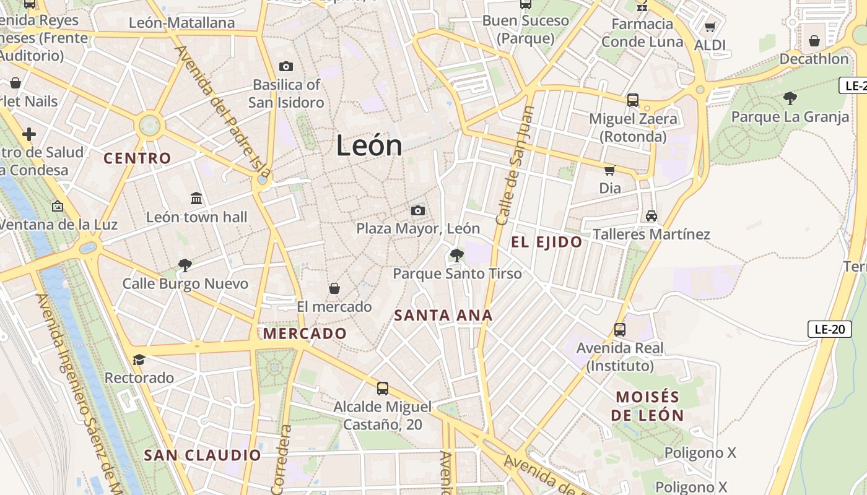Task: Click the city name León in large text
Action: pos(369,146)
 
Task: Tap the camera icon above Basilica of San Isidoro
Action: pos(286,66)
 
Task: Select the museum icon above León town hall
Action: pos(196,199)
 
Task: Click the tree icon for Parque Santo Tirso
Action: pos(457,254)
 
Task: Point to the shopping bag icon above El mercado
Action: pos(334,288)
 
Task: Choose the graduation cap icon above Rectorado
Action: pos(139,359)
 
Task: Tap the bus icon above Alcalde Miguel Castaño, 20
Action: pos(383,389)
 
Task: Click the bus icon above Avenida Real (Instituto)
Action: pos(620,330)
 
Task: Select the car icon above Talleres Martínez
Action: pos(651,216)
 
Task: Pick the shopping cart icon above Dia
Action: pos(609,170)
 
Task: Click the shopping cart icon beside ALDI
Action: pos(710,27)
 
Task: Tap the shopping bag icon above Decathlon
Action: pos(814,41)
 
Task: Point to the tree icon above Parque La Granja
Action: pos(790,98)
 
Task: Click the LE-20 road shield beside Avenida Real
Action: pos(829,329)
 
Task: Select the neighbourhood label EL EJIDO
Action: pos(547,242)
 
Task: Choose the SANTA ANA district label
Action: pos(443,315)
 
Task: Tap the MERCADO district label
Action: pos(305,334)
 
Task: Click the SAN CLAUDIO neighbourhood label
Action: pos(203,455)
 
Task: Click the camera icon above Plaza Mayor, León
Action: pos(418,210)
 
